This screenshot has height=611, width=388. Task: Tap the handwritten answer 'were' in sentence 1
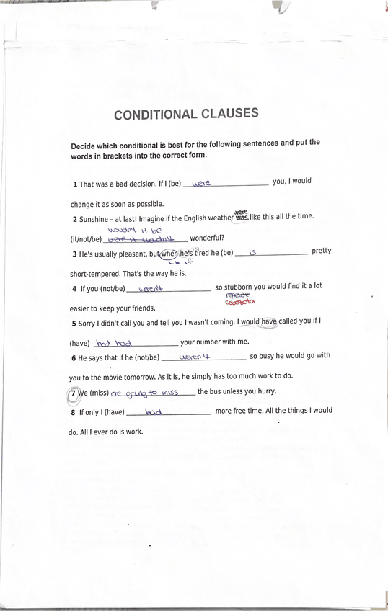pyautogui.click(x=201, y=184)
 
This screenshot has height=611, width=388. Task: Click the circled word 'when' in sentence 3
pyautogui.click(x=169, y=254)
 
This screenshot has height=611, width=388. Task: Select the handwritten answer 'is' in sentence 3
pyautogui.click(x=253, y=254)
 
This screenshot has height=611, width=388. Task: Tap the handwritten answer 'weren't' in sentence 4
pyautogui.click(x=152, y=289)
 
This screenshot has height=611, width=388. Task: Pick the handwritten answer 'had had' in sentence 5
pyautogui.click(x=113, y=343)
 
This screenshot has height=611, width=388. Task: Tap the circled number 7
pyautogui.click(x=72, y=393)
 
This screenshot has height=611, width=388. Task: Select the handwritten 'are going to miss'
pyautogui.click(x=144, y=393)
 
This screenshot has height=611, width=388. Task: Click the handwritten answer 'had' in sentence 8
pyautogui.click(x=153, y=412)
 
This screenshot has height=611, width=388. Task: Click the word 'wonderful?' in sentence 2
pyautogui.click(x=208, y=238)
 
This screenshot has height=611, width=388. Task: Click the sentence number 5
pyautogui.click(x=74, y=324)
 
